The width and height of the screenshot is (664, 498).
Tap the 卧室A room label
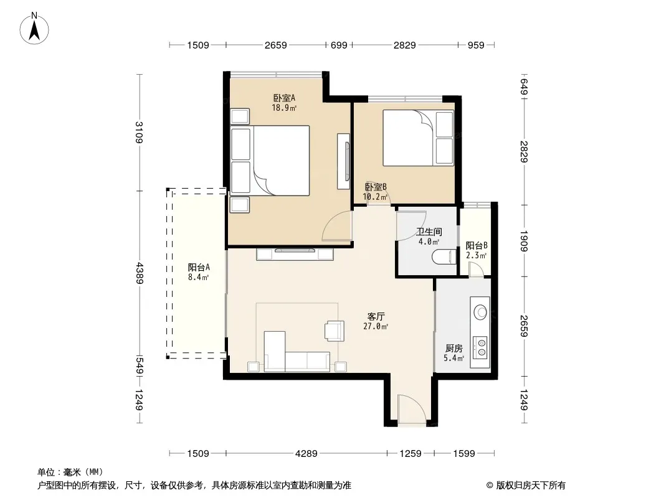click(x=284, y=98)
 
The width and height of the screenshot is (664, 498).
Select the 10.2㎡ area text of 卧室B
click(x=375, y=197)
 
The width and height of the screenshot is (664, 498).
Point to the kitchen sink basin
click(x=481, y=312)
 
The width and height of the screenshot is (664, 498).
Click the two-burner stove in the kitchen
click(x=480, y=347)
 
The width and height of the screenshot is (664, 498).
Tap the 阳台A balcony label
click(x=199, y=268)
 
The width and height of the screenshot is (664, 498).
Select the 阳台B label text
click(x=477, y=245)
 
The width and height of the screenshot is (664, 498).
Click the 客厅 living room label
click(x=376, y=316)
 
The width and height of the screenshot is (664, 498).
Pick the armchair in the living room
click(x=334, y=331)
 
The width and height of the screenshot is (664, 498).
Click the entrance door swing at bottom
click(x=412, y=408)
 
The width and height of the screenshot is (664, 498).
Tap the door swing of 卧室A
click(x=337, y=227)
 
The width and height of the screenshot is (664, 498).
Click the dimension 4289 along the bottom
click(x=306, y=454)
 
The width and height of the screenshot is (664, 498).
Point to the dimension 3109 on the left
click(x=140, y=133)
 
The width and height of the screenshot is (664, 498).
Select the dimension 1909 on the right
click(x=524, y=241)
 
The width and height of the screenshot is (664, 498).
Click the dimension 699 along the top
click(x=339, y=45)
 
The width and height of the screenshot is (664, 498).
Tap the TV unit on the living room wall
click(x=295, y=254)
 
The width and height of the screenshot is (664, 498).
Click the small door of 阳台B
click(x=477, y=270)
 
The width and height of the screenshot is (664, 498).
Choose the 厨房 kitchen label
click(x=453, y=348)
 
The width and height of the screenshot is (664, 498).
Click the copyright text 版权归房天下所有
click(x=530, y=486)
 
